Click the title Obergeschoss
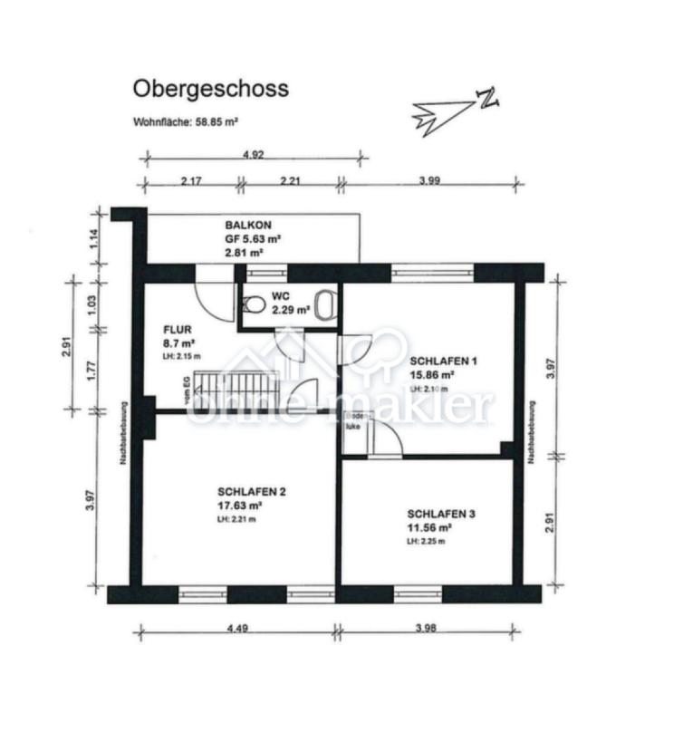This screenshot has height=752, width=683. (x=211, y=88)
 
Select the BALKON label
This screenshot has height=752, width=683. (x=248, y=225)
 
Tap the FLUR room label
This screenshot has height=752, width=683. (x=178, y=330)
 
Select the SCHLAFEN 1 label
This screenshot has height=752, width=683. (x=443, y=360)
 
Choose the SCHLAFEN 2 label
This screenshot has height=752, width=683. (x=239, y=492)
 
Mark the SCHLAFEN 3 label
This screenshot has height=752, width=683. (x=441, y=513)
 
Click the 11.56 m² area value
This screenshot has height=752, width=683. (x=429, y=526)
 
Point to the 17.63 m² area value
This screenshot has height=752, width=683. (x=239, y=506)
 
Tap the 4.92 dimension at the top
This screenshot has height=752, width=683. (x=254, y=154)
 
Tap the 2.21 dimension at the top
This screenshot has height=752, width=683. (x=290, y=181)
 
